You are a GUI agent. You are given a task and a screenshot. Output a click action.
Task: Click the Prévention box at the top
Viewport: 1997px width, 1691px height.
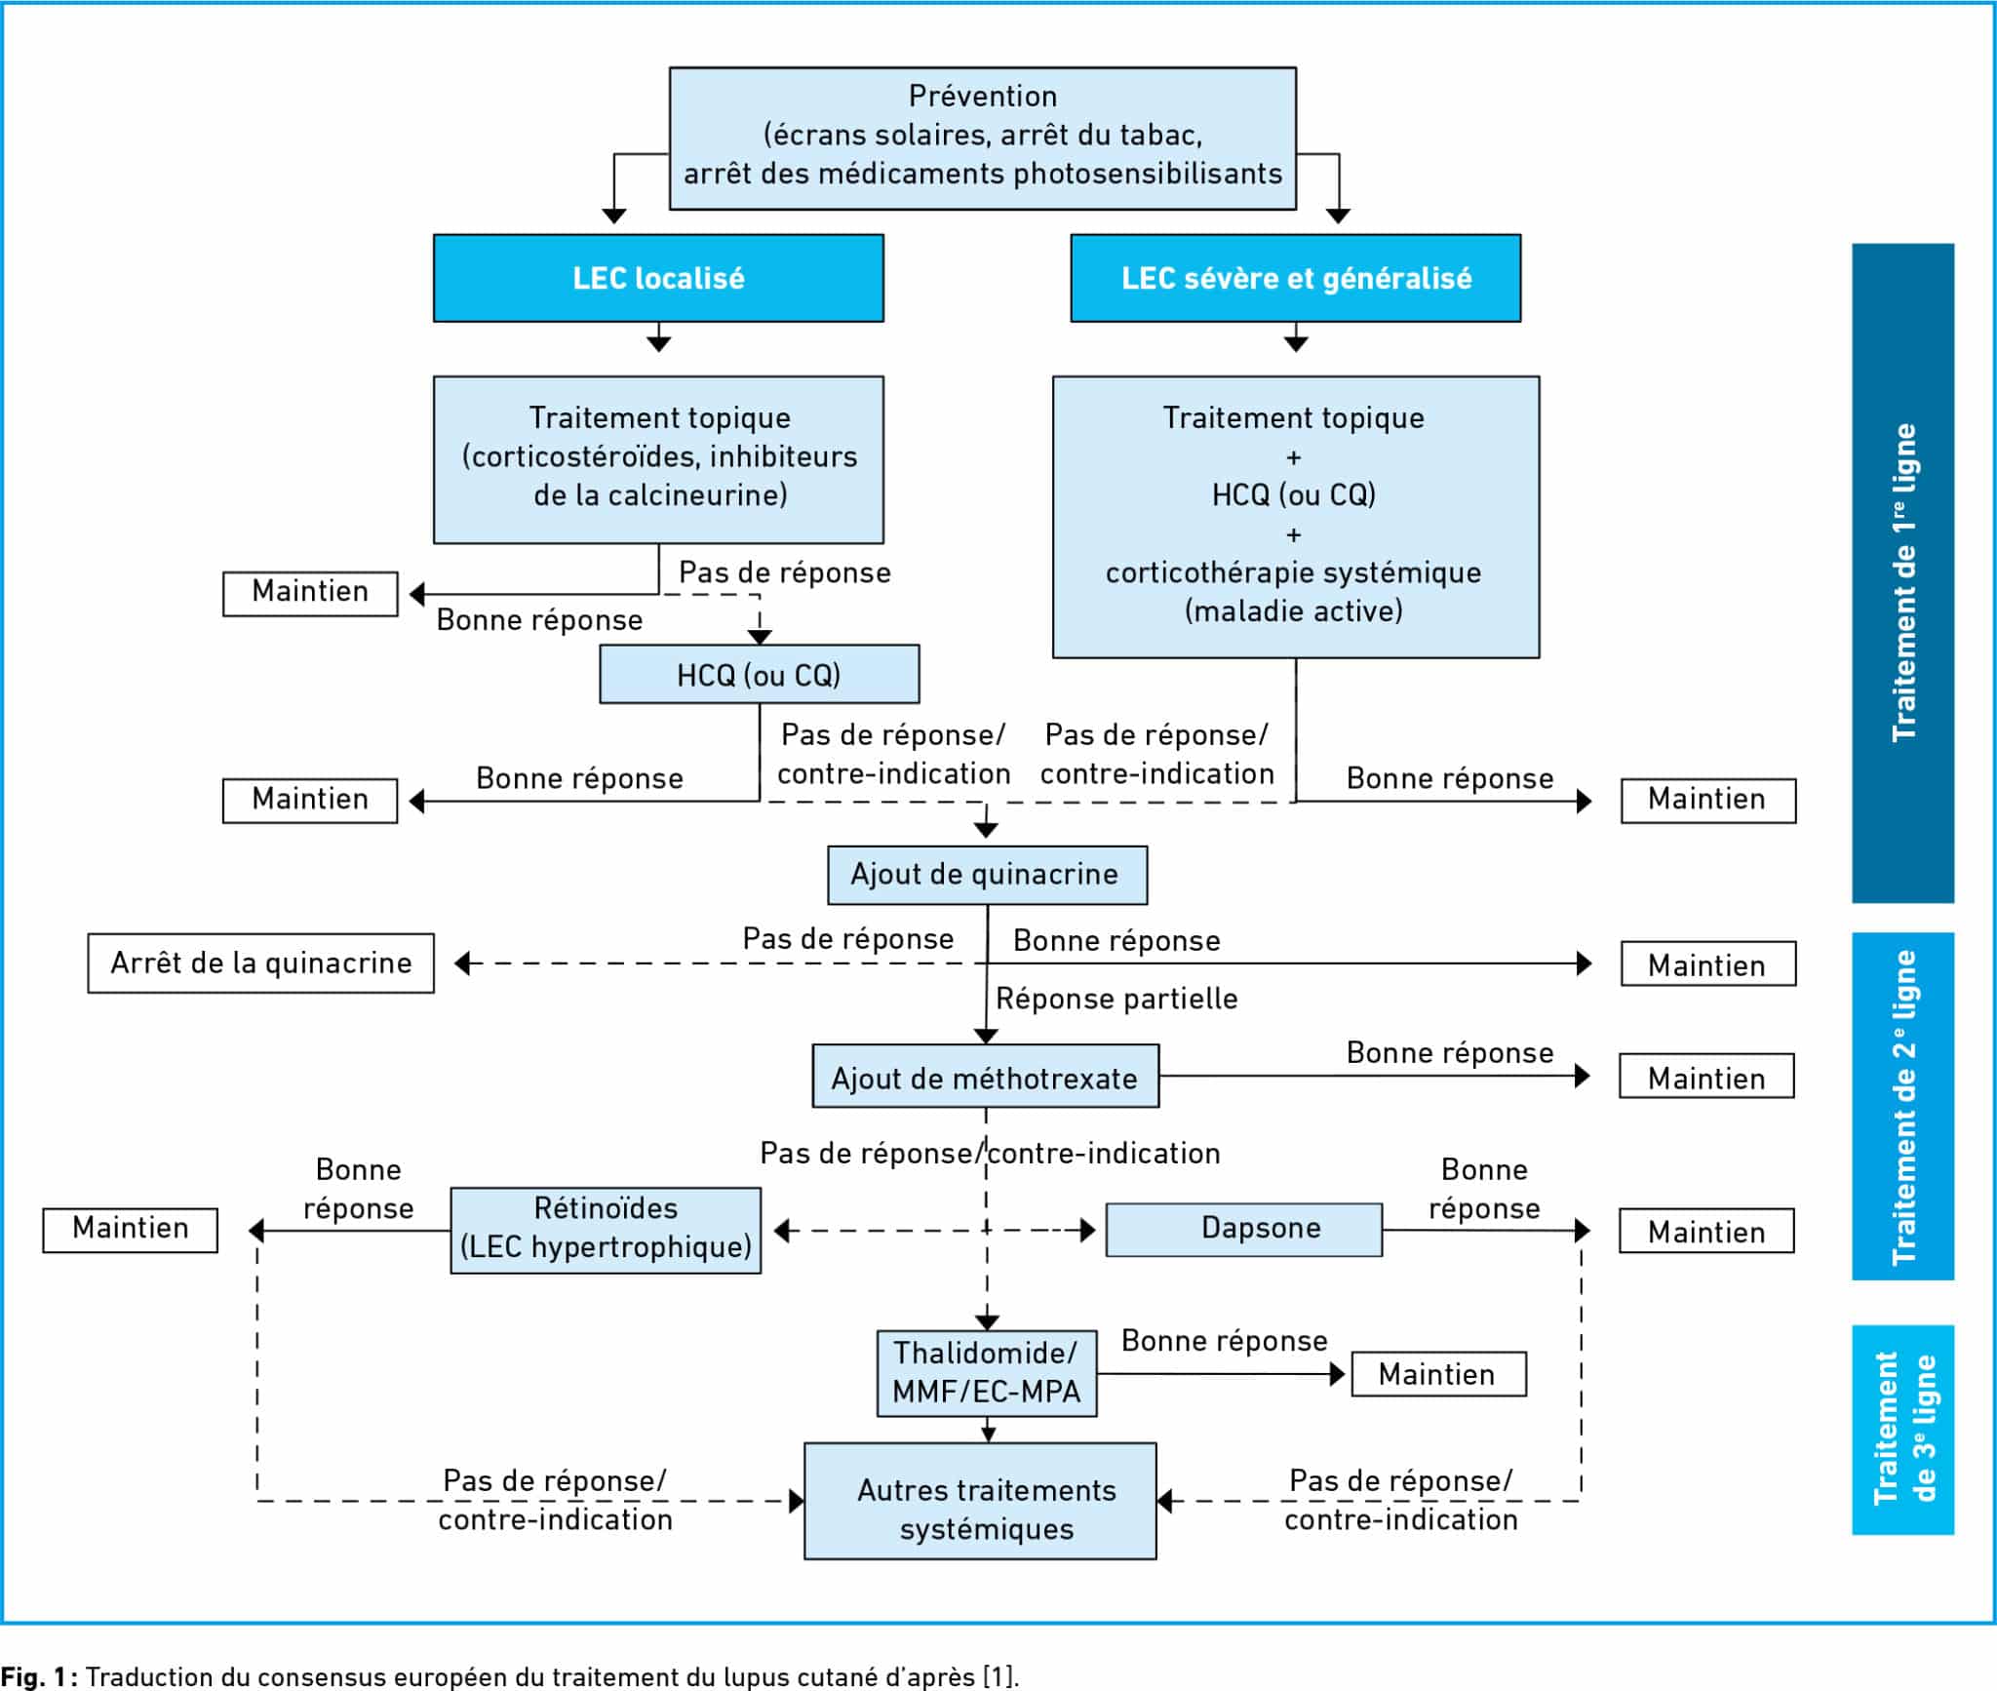982,138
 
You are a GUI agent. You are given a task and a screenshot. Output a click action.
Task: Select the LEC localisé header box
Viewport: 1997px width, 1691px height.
658,278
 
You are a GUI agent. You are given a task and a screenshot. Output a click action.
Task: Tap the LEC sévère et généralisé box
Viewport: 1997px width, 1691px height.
1295,278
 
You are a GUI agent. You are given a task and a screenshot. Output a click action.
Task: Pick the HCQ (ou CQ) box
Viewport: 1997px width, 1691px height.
759,674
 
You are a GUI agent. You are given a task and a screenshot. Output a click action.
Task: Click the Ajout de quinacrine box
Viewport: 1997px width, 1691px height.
987,875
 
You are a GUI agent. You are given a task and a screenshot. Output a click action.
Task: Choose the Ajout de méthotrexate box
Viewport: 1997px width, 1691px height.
986,1077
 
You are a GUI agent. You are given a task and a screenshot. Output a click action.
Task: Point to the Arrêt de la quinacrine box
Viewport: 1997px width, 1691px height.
260,963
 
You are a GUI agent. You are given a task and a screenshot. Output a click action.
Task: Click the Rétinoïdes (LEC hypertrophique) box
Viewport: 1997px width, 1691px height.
606,1230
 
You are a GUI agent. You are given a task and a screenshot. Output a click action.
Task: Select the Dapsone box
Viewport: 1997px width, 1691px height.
1243,1229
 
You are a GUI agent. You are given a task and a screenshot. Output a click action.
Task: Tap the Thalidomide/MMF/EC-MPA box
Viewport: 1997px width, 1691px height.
987,1373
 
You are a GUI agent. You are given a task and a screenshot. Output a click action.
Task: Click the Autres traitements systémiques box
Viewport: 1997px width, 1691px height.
980,1501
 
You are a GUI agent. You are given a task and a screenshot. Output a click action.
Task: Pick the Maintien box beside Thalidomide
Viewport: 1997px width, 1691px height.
1438,1374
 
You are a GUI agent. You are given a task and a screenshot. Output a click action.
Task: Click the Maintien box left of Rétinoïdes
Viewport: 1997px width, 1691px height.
130,1230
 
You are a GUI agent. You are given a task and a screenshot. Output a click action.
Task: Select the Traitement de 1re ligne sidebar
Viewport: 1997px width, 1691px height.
1902,572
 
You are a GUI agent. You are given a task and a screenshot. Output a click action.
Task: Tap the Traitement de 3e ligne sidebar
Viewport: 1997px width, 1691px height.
1902,1430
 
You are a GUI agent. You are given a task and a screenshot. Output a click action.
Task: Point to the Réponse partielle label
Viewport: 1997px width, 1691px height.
1116,999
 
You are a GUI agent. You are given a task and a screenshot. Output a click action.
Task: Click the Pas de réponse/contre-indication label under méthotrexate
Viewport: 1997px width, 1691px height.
990,1154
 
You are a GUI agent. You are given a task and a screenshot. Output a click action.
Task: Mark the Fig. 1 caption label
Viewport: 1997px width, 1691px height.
510,1676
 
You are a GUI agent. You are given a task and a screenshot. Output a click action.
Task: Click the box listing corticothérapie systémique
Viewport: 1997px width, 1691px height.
1296,517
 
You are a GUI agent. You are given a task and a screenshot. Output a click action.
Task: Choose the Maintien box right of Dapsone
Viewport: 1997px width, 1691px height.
1706,1231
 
